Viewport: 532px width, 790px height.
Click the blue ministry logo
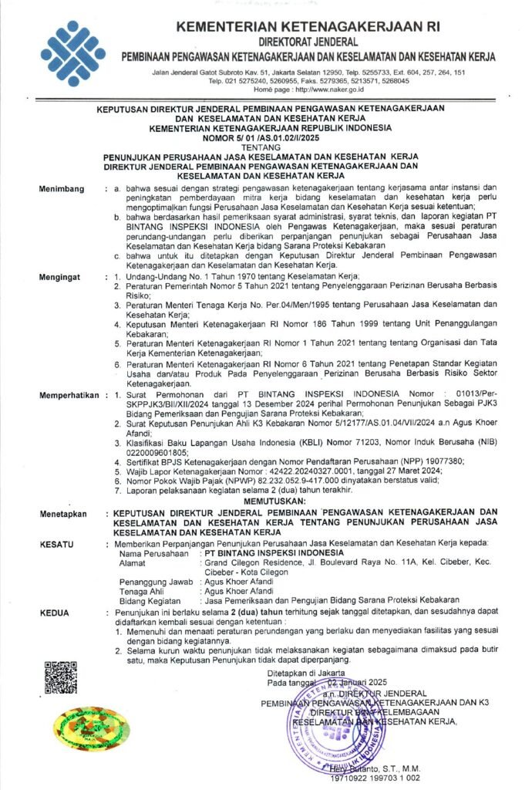[x=73, y=52]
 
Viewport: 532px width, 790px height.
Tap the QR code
[x=59, y=677]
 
